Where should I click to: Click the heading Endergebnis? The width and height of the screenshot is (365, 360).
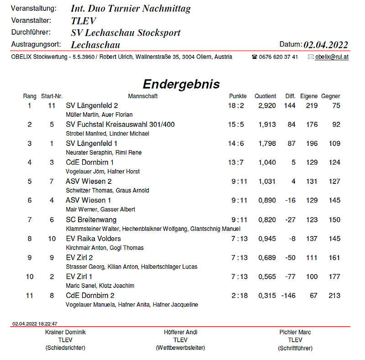pos(181,84)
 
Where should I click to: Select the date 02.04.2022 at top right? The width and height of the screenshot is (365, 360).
pos(326,45)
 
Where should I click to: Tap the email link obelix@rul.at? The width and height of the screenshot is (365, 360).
pos(332,57)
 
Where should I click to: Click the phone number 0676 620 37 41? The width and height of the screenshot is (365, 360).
pos(278,57)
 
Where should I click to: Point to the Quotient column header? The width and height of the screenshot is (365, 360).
pos(265,96)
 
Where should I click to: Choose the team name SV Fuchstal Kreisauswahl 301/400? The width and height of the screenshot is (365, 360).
pos(120,125)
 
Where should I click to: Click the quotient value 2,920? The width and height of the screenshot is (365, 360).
pos(267,106)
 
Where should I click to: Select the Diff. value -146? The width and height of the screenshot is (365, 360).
pos(288,296)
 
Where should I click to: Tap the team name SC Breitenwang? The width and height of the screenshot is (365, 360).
pos(91,219)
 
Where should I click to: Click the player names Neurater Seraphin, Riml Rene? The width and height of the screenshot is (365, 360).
pos(104,152)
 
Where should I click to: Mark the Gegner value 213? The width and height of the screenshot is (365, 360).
pos(334,296)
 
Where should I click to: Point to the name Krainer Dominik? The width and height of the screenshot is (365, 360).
pos(66,332)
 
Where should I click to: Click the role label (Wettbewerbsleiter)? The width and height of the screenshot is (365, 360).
pos(180,348)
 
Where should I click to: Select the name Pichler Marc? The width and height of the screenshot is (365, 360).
pos(295,332)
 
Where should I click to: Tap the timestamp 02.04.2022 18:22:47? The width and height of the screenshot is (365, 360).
pos(35,323)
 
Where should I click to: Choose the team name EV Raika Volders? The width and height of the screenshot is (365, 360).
pos(93,239)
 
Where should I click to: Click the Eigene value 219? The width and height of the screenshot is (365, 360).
pos(312,106)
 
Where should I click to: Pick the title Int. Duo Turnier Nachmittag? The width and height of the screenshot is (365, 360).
pos(131,9)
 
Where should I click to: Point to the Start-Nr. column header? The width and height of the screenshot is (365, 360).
pos(52,96)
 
